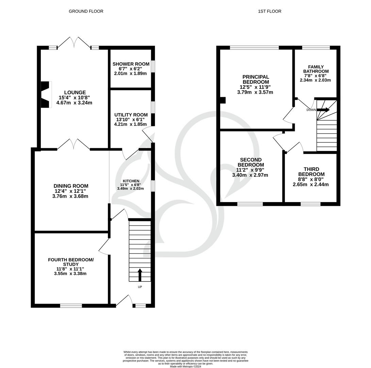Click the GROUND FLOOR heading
pyautogui.click(x=86, y=11)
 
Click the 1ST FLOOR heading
pyautogui.click(x=270, y=11)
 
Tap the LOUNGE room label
pyautogui.click(x=75, y=92)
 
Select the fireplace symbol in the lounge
pyautogui.click(x=45, y=94)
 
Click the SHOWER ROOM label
pyautogui.click(x=131, y=64)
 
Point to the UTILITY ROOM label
pyautogui.click(x=131, y=115)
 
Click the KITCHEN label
pyautogui.click(x=131, y=181)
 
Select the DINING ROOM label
pyautogui.click(x=71, y=186)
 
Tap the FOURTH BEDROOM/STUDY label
pyautogui.click(x=70, y=262)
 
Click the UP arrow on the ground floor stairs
pyautogui.click(x=140, y=275)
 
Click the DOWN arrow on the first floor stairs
pyautogui.click(x=323, y=110)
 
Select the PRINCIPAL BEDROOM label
pyautogui.click(x=256, y=79)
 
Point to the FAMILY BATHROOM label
pyautogui.click(x=316, y=69)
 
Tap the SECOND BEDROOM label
pyautogui.click(x=251, y=162)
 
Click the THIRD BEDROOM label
pyautogui.click(x=311, y=172)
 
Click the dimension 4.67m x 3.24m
pyautogui.click(x=75, y=103)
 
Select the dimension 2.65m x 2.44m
pyautogui.click(x=311, y=185)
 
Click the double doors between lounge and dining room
pyautogui.click(x=74, y=145)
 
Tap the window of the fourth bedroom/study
pyautogui.click(x=71, y=306)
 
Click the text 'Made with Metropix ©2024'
pyautogui.click(x=185, y=367)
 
